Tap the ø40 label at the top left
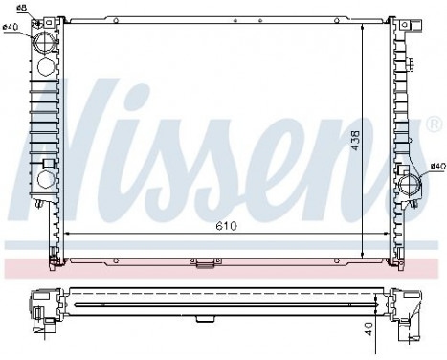11,27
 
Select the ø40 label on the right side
436,167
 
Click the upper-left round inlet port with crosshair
45,42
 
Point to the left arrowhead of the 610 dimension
66,234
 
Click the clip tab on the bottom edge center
204,261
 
